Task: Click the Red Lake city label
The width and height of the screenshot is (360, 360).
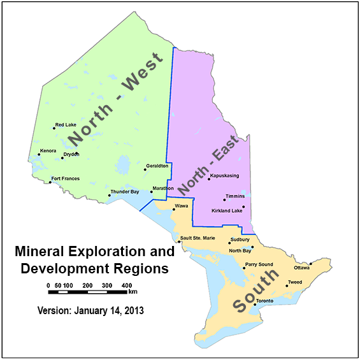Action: click(65, 125)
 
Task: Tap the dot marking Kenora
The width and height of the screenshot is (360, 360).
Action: click(39, 155)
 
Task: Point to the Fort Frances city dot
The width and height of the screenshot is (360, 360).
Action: click(50, 183)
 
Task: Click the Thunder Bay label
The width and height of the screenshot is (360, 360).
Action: click(125, 192)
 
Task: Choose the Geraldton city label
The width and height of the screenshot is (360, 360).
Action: click(157, 166)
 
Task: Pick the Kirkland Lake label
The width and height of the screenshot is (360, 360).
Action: click(226, 210)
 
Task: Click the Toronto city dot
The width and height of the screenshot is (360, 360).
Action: click(256, 305)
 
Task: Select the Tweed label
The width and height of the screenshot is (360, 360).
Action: click(295, 282)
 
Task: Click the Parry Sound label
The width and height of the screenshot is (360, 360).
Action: click(259, 264)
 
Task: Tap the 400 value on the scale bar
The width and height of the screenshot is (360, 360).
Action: click(126, 285)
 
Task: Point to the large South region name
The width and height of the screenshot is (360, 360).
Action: click(256, 290)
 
